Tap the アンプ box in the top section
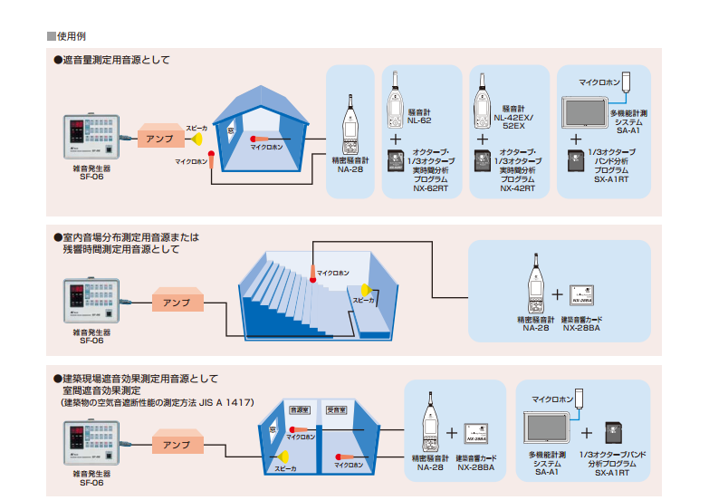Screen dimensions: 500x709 161,139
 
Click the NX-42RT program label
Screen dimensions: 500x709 518,188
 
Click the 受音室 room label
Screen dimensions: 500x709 336,410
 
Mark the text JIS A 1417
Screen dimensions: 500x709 227,401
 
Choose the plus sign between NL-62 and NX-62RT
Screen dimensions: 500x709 395,139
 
